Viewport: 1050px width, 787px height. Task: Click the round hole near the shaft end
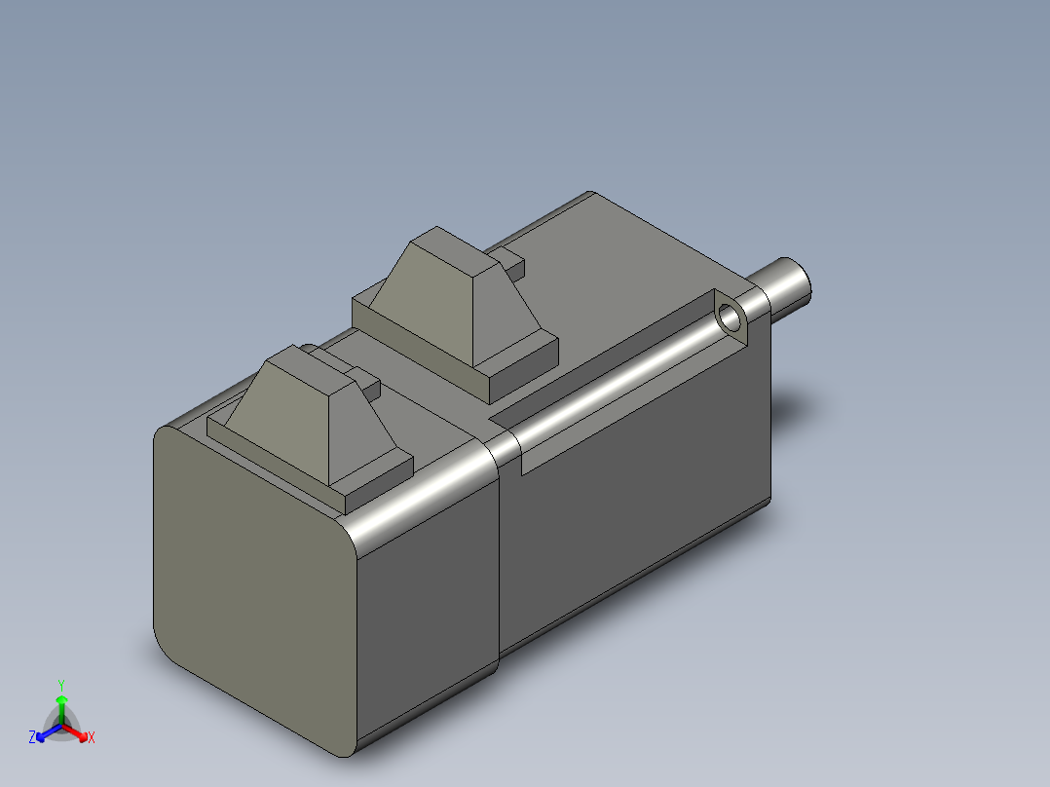coord(730,317)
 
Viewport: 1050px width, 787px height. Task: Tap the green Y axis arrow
coord(61,709)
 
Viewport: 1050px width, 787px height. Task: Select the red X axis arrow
coord(74,731)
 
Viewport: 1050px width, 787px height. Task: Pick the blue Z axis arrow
coord(49,732)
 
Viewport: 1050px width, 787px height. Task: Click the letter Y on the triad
coord(61,686)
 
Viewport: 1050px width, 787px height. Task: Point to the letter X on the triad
coord(92,737)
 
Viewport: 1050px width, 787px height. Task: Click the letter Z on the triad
coord(32,737)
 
